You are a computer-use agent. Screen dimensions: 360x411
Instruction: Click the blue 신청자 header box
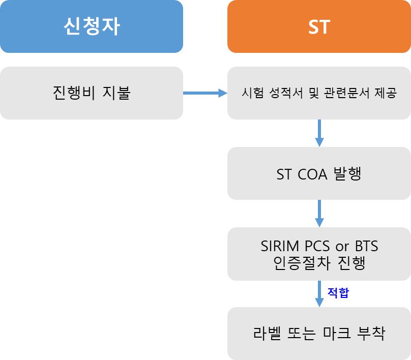coord(92,26)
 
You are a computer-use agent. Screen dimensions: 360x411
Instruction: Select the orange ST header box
coord(319,26)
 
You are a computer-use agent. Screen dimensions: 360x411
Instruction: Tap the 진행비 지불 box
coord(92,93)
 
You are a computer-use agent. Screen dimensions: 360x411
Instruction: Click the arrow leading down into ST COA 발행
coord(319,133)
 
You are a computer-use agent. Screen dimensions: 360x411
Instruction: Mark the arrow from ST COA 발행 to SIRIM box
coord(319,213)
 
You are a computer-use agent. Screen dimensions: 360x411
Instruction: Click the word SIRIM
coord(278,247)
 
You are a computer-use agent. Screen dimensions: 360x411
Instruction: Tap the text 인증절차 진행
coord(319,264)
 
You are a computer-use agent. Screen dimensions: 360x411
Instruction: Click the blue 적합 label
coord(338,293)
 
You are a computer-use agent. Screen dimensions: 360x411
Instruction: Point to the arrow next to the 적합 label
coord(319,293)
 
